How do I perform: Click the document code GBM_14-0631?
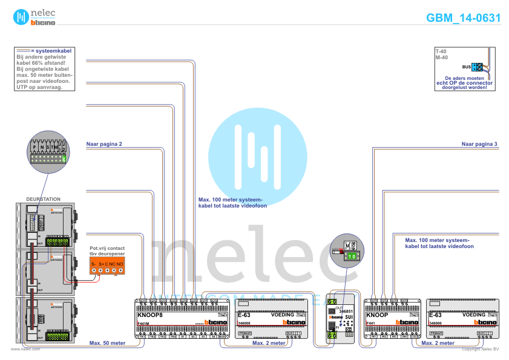(463, 18)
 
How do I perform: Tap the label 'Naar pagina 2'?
(105, 144)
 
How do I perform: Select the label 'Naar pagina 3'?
(479, 144)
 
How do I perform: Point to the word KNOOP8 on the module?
(150, 315)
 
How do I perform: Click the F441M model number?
(143, 325)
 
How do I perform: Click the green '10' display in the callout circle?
(352, 257)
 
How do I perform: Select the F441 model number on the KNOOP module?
(371, 325)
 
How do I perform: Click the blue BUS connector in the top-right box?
(476, 67)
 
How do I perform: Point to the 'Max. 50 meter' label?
(107, 343)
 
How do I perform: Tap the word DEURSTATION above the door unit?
(44, 198)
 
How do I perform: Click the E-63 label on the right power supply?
(436, 315)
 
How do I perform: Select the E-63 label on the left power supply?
(244, 315)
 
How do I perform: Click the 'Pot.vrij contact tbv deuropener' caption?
(107, 251)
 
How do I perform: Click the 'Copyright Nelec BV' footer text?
(480, 349)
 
